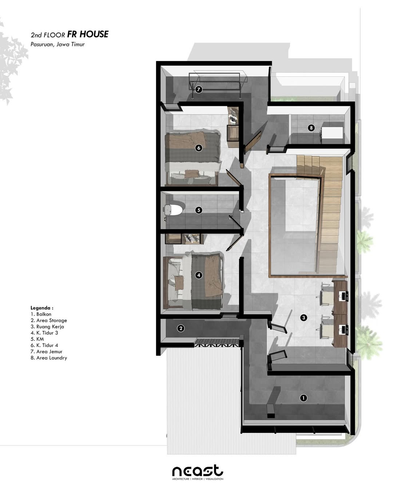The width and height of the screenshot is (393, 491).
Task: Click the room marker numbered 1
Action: pos(303,398)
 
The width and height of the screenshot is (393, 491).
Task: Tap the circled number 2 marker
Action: pos(180,328)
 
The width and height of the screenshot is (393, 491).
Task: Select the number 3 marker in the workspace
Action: pos(304,318)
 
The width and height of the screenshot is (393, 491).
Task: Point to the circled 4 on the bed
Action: pos(199,275)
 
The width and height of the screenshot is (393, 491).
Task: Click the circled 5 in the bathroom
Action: pos(198,210)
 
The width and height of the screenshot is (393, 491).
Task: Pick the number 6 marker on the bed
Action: pos(198,148)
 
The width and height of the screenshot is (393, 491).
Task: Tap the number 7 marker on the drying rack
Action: pos(198,89)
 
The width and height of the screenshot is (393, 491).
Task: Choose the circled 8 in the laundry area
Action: pos(311,128)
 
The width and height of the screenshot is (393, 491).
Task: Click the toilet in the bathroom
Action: pos(174,210)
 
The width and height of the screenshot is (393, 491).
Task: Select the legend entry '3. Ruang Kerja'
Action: pos(47,327)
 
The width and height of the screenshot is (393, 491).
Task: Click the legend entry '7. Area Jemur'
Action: pos(47,352)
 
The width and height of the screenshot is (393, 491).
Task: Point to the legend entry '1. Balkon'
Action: pos(41,314)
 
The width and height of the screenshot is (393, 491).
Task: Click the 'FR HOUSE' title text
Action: pos(88,34)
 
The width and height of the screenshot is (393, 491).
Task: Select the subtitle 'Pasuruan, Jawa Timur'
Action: pos(57,44)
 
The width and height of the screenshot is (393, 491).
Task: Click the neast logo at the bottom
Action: pos(198,472)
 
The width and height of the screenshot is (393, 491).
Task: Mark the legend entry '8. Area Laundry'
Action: pos(49,358)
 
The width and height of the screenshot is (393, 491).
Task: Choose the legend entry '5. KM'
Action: pos(37,339)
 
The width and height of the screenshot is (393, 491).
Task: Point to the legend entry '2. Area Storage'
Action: pos(49,320)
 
